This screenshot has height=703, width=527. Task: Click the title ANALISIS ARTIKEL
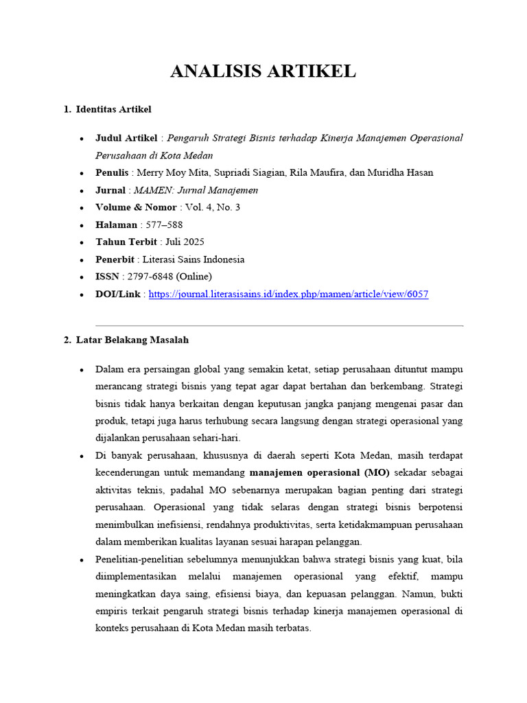click(263, 71)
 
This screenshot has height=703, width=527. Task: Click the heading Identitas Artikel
click(113, 109)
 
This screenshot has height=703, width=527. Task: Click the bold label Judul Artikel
click(127, 138)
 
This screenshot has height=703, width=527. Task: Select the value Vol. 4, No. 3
click(213, 207)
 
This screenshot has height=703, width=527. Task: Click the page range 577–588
click(164, 224)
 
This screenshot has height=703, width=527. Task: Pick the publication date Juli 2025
click(185, 242)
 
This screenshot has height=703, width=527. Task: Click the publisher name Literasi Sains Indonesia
click(194, 260)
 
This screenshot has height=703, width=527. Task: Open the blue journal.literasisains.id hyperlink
click(288, 294)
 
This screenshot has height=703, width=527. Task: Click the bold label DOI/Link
click(118, 294)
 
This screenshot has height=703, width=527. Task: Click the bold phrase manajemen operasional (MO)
click(319, 472)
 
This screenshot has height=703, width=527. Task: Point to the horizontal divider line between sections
click(279, 325)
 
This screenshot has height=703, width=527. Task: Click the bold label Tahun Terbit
click(126, 242)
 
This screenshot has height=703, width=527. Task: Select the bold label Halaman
click(117, 224)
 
